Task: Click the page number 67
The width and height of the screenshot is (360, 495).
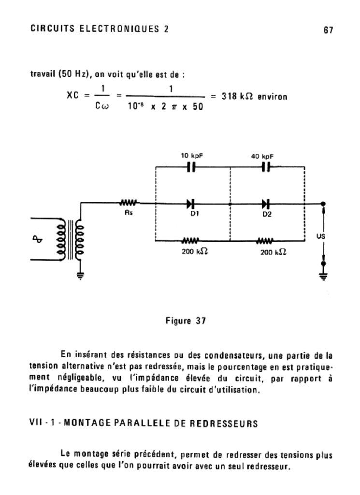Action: pos(328,30)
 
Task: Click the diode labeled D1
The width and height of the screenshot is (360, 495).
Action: pos(192,204)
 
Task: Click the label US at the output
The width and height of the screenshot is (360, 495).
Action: pos(321,236)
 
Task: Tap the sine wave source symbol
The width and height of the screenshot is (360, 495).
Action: pos(42,238)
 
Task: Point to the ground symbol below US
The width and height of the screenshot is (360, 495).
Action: pos(323,276)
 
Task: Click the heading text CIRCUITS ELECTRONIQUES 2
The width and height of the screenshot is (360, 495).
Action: pos(100,29)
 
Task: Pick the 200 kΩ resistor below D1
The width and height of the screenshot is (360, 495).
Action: pos(191,240)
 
